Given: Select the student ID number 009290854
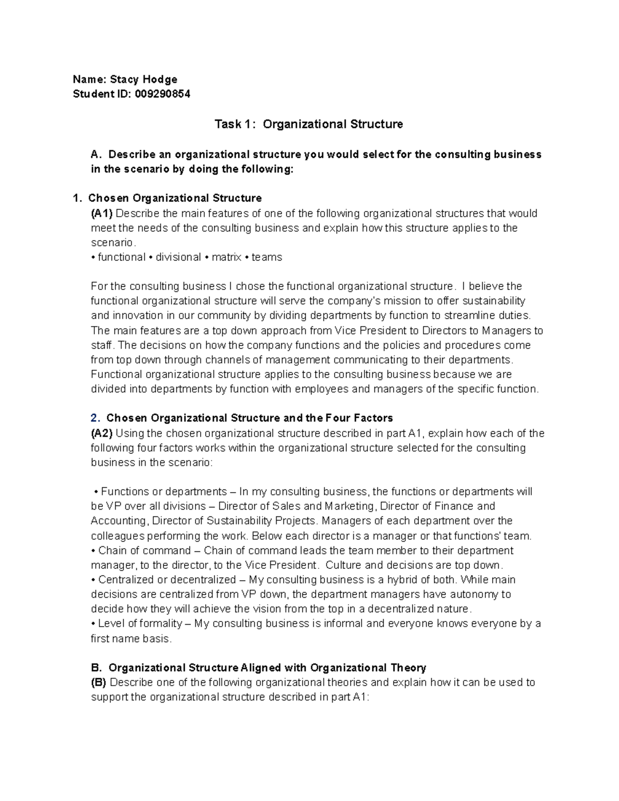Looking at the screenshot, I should tap(162, 94).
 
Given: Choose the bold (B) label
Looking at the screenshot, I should tap(99, 682).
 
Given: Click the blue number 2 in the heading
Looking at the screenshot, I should tap(94, 418).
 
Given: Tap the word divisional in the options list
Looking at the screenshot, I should tap(178, 257).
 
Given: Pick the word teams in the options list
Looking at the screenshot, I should tap(267, 257).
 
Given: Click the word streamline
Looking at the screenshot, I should tap(474, 316).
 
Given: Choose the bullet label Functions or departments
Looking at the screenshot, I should tap(164, 492).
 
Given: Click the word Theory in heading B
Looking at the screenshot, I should tap(408, 668).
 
